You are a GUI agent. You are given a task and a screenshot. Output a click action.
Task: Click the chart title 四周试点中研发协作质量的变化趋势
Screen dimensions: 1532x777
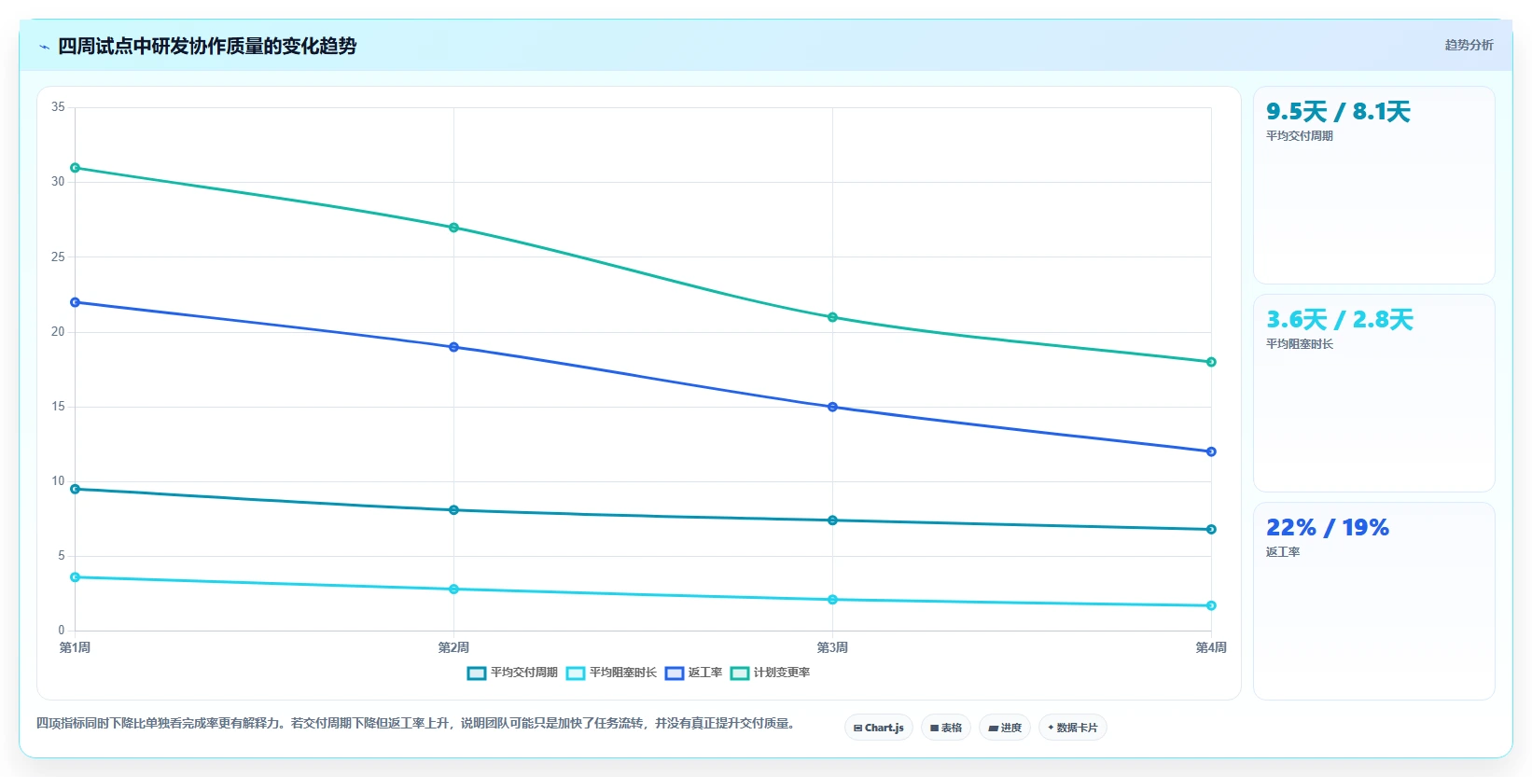coord(207,46)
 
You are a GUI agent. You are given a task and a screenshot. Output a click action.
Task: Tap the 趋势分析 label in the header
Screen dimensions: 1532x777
coord(1469,45)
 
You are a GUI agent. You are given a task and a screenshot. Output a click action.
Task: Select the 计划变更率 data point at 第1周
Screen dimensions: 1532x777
coord(76,168)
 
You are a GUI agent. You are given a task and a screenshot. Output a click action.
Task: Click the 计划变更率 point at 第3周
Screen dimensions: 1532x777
coord(832,317)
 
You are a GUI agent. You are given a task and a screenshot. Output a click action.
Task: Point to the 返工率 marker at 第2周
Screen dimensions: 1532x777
coord(454,347)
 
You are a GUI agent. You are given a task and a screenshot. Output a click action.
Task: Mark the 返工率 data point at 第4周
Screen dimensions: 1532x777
coord(1211,451)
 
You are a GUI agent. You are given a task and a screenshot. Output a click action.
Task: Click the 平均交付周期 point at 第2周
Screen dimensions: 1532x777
coord(454,509)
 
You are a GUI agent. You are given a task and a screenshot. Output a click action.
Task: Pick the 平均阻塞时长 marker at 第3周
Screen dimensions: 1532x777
coord(832,599)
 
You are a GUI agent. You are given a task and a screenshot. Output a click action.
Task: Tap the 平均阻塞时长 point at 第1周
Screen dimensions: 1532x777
coord(76,577)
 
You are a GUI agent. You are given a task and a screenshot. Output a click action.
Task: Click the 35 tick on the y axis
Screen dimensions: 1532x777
coord(58,106)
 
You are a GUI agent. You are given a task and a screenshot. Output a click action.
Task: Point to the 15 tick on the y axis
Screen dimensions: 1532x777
coord(58,407)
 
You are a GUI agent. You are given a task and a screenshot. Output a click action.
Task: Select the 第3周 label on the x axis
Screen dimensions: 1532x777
coord(832,647)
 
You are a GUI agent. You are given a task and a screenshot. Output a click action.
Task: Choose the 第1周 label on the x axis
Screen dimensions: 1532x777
coord(76,647)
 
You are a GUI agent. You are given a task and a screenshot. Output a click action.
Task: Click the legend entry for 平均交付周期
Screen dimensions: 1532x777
coord(512,673)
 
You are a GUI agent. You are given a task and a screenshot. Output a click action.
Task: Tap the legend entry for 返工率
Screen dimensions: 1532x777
coord(693,673)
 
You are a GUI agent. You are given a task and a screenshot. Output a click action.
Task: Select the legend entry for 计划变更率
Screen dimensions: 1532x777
coord(770,673)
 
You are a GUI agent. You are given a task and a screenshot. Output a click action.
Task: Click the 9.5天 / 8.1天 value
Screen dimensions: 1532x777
coord(1338,112)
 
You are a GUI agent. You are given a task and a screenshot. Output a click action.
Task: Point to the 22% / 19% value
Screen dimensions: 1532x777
coord(1328,527)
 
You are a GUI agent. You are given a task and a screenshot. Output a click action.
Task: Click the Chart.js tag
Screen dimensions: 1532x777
coord(879,728)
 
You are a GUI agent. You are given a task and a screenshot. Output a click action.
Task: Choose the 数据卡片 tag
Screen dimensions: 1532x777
coord(1072,728)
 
